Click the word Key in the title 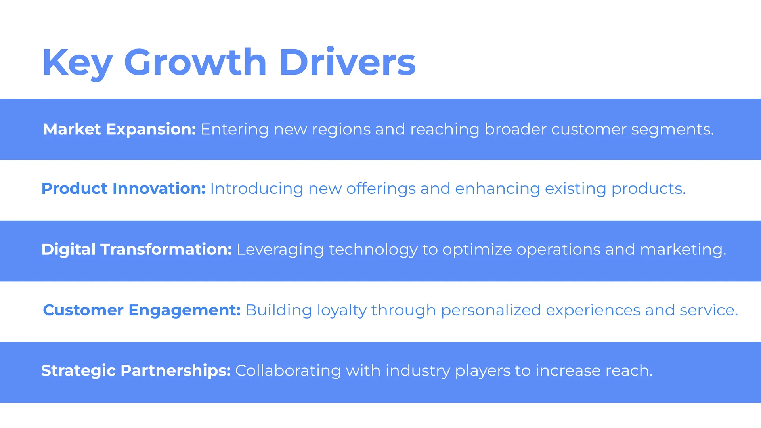point(78,63)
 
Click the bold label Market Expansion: point(120,130)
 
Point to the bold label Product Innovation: point(124,189)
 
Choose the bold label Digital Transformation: point(137,250)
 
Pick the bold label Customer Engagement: point(142,310)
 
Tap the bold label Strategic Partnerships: point(136,371)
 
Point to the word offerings point(381,189)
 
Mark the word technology point(373,250)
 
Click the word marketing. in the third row point(683,250)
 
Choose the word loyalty point(342,311)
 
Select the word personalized point(491,311)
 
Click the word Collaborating point(288,371)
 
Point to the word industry point(418,371)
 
